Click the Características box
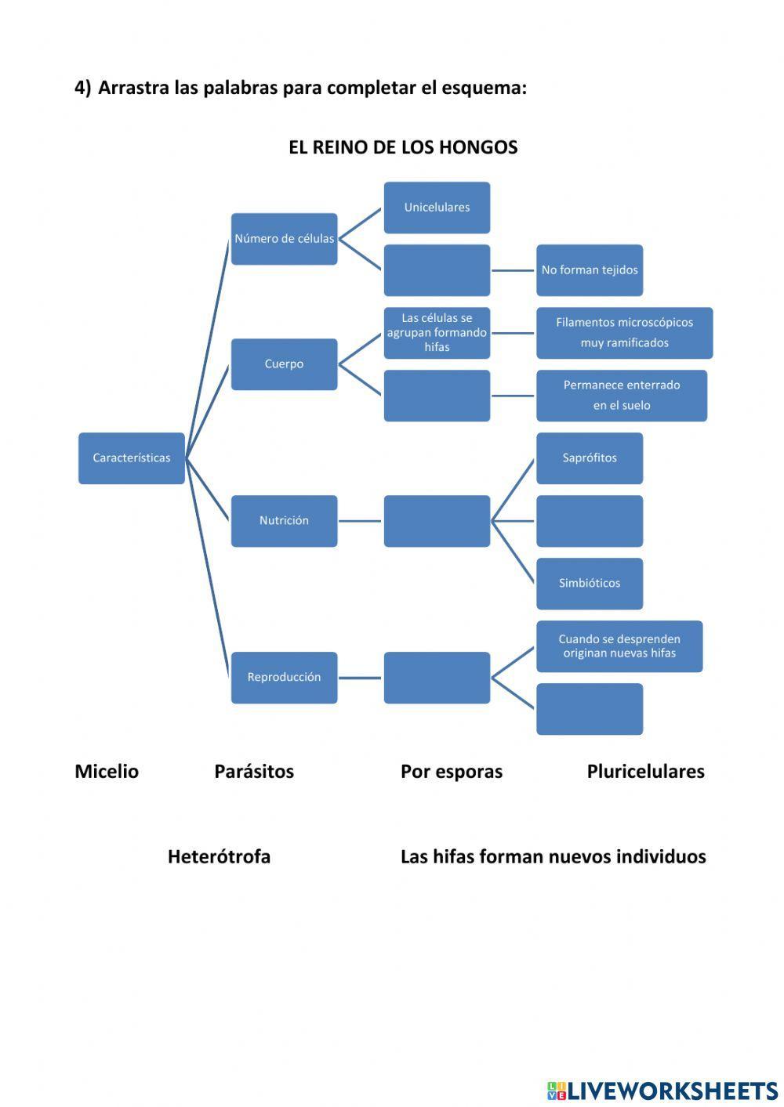pos(131,458)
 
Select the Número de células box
pos(284,239)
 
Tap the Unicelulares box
pos(437,208)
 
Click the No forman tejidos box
pos(590,270)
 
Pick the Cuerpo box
pos(284,364)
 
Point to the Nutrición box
pos(284,521)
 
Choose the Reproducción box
pos(284,678)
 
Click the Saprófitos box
pos(590,458)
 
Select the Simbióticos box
pos(590,584)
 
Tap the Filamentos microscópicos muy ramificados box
pos(624,333)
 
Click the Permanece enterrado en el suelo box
pos(621,396)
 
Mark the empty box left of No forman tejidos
pos(437,270)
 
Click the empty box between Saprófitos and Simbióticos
pos(590,521)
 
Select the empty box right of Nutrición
pos(437,521)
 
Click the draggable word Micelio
pos(107,772)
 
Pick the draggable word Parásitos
pos(254,772)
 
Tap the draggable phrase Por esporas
pos(452,772)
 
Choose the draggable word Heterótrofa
pos(219,857)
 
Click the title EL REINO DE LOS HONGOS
pos(403,147)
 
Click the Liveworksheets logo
pos(662,1090)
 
